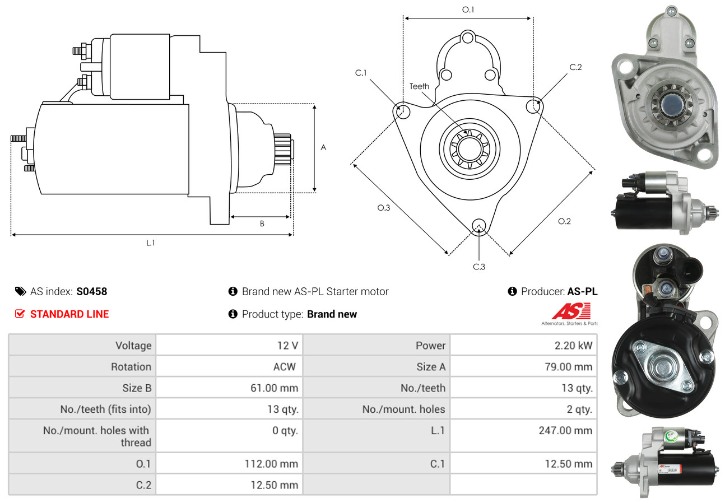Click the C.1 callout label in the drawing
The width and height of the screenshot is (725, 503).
(360, 73)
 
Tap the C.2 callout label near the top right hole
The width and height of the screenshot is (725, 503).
(575, 67)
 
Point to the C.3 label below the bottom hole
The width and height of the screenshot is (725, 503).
(479, 267)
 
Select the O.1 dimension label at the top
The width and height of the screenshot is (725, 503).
(468, 10)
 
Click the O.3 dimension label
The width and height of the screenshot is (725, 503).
(383, 208)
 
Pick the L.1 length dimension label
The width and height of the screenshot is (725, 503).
(150, 243)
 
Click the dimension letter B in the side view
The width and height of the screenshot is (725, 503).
(262, 223)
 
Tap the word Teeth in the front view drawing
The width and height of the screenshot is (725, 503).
(419, 86)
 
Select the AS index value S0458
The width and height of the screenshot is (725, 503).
(91, 291)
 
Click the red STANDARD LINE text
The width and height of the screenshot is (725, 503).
(69, 314)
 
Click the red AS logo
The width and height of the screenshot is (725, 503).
(571, 311)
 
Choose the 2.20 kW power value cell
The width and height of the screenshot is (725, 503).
(573, 346)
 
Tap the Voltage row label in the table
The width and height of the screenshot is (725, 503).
(133, 346)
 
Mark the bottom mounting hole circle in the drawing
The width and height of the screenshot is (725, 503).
(479, 226)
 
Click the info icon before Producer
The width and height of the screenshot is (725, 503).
(512, 291)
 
